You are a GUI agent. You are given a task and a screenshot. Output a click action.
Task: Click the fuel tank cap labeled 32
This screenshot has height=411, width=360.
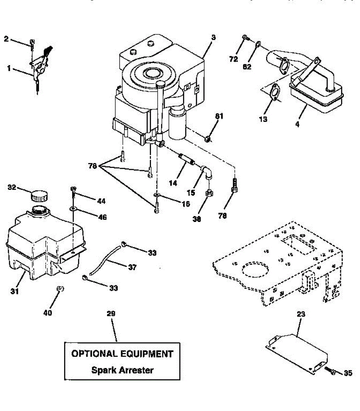tap(39, 196)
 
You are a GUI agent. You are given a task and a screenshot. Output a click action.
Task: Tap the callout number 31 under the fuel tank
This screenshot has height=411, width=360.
tap(14, 291)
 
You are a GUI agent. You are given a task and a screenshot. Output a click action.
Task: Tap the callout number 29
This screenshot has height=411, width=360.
tap(111, 313)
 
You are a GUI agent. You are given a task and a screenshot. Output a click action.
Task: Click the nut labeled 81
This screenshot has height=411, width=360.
tap(207, 139)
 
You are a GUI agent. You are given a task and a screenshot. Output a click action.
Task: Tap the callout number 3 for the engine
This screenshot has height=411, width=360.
tap(213, 37)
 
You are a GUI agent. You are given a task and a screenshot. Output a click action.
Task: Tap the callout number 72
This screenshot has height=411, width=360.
tap(233, 59)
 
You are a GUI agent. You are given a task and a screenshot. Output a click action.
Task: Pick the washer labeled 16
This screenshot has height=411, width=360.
tap(156, 195)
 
